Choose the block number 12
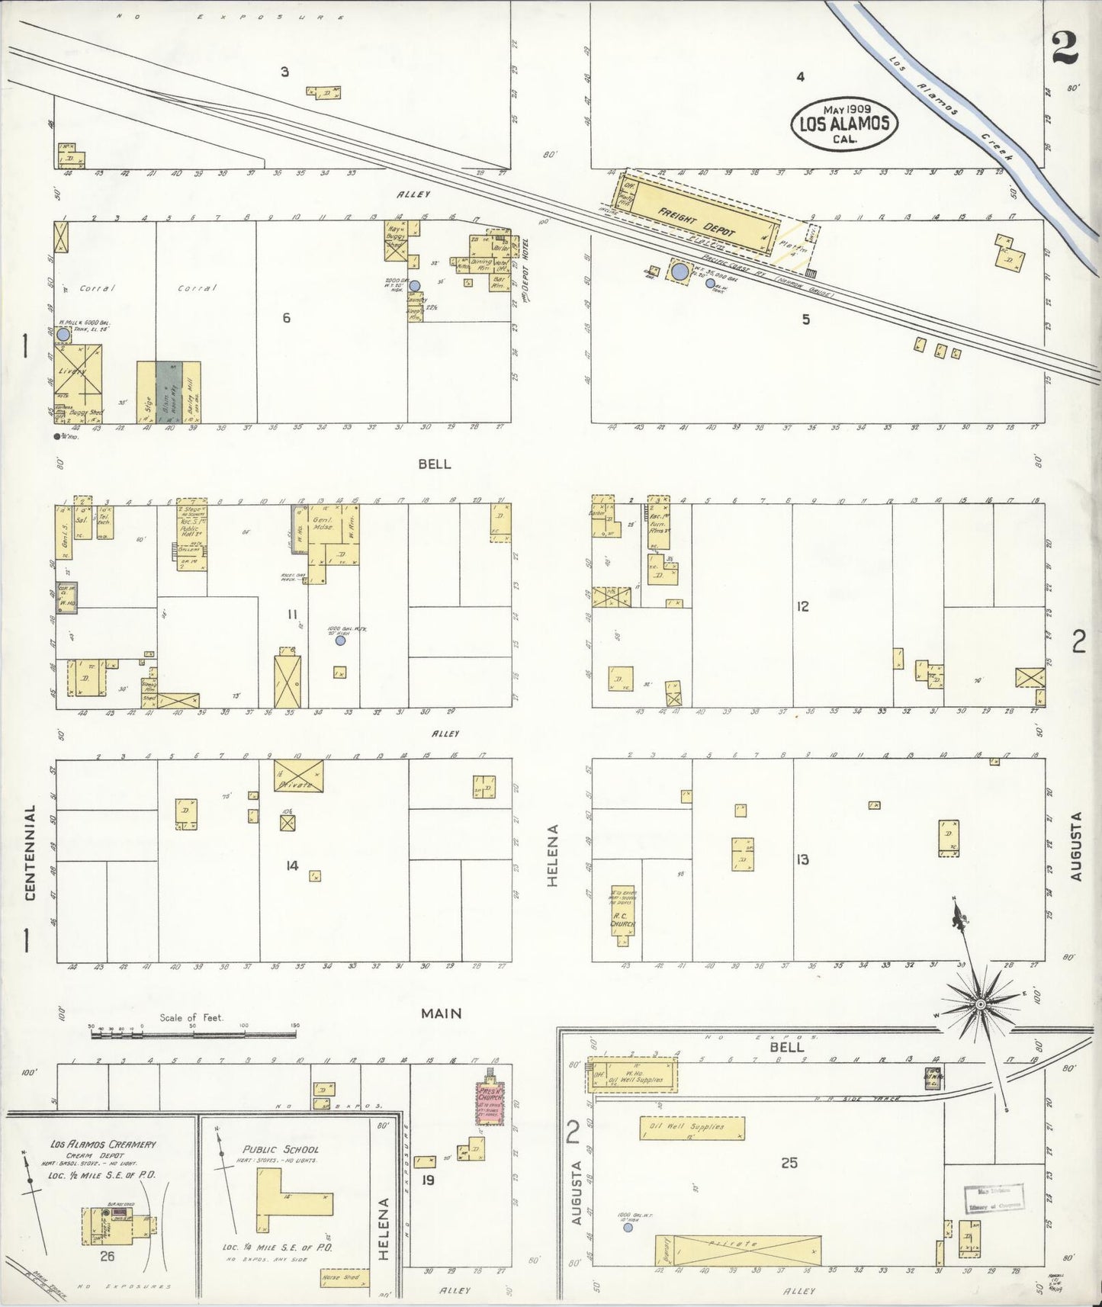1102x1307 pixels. point(802,607)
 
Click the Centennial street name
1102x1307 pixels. point(31,853)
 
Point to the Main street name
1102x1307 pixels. point(442,1013)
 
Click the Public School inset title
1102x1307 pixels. point(281,1149)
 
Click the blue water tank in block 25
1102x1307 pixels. point(628,1228)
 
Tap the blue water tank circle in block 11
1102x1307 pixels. point(340,641)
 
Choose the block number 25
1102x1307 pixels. point(789,1163)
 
